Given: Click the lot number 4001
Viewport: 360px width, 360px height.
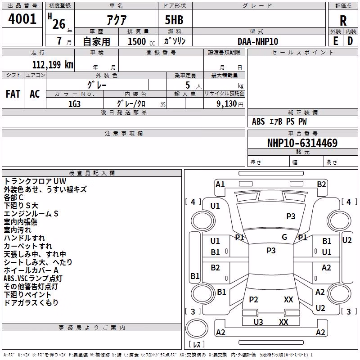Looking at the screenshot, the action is coord(22,19).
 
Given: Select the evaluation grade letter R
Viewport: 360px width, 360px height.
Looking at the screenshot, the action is coord(343,21).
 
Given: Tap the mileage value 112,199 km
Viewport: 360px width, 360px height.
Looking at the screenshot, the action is coord(53,64).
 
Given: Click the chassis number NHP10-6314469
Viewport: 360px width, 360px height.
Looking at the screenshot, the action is coord(302,143).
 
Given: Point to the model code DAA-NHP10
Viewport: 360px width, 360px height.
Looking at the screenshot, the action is coord(258,41).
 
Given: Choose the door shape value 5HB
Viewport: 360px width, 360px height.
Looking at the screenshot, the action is coord(174,20).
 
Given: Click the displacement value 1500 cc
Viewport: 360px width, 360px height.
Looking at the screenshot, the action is coord(141,41).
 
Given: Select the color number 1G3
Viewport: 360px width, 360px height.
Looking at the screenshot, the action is coord(74,104).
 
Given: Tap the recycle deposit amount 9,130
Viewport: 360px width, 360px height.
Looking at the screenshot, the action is coord(226,104).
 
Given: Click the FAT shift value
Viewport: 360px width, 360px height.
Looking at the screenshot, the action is coord(13,94).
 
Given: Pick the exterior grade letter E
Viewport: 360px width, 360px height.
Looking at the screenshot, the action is coord(335,41).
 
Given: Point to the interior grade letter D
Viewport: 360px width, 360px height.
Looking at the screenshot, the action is coord(350,41).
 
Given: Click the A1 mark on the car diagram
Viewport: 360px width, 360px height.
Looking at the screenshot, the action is coord(220,184).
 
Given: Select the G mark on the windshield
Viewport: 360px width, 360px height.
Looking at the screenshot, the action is coord(284,237).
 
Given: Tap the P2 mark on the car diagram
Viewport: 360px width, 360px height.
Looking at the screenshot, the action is coord(253,299).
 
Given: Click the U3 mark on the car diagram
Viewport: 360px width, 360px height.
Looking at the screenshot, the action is coord(258,322).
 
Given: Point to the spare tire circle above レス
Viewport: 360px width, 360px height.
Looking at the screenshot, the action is coord(197,328).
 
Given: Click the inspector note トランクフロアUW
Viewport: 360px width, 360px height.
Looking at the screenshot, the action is coord(35,181).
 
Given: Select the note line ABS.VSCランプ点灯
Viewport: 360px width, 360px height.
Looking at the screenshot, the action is coord(33,278).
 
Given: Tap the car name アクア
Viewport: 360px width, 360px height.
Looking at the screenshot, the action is coord(117,20).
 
